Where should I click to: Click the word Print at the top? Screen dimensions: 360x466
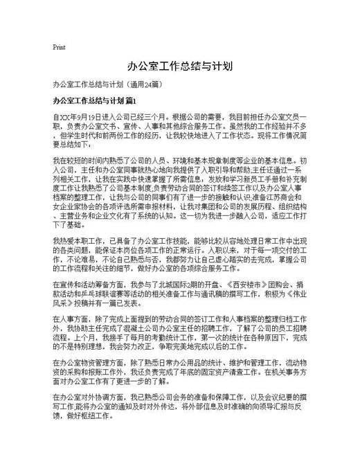point(59,48)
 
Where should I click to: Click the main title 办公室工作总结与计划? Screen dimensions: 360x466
point(179,66)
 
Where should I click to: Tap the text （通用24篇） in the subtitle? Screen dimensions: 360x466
point(143,84)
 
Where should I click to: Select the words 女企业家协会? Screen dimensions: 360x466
point(73,206)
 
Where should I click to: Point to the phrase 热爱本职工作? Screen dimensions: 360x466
point(78,239)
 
